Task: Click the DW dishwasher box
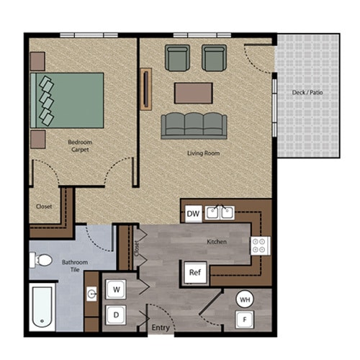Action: pos(193,214)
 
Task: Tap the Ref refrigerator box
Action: pos(194,272)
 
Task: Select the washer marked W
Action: pos(116,289)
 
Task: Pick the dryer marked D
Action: pos(116,315)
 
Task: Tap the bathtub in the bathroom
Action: pos(43,307)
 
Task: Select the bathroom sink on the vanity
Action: pos(92,294)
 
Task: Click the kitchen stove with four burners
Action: pos(259,246)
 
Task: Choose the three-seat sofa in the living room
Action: pos(194,125)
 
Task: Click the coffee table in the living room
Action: pos(194,93)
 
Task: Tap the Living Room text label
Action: pos(204,153)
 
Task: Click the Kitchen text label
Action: pos(217,242)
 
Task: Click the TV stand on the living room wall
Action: pos(148,88)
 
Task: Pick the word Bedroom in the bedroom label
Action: pos(80,143)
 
